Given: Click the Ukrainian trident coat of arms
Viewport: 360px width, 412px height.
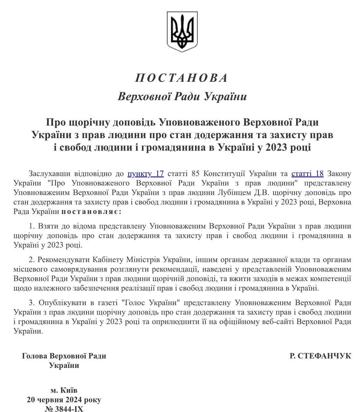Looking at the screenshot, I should (x=182, y=32).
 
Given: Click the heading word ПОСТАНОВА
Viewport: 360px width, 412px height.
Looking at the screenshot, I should (x=182, y=78).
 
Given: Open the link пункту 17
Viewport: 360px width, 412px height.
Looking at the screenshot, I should (x=146, y=174).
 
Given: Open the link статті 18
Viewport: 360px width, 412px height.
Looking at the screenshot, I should (x=307, y=174).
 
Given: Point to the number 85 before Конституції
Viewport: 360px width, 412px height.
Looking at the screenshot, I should (x=196, y=174).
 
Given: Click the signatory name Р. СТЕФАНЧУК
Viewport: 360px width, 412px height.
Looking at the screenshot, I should (x=320, y=356).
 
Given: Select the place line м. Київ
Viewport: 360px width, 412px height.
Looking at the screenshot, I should (x=64, y=390).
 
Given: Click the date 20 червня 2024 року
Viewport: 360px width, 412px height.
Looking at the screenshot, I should (x=64, y=400).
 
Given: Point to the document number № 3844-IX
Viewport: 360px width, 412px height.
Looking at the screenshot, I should (x=64, y=409).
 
